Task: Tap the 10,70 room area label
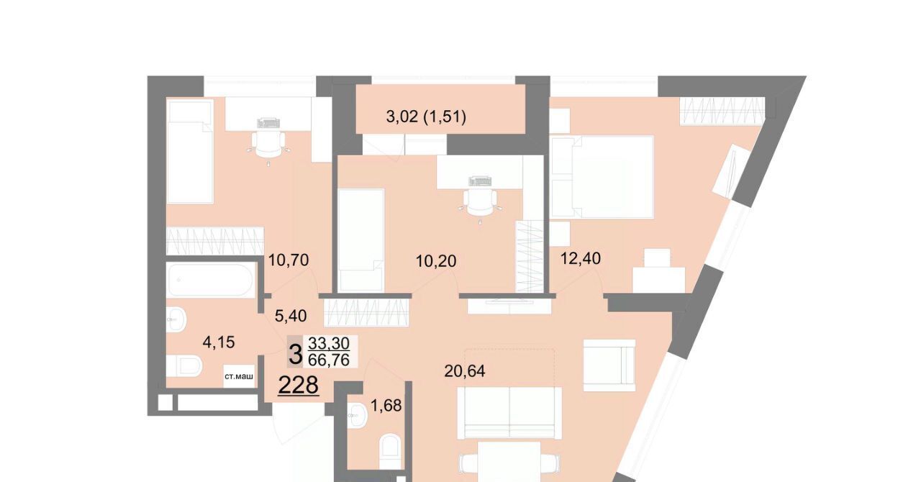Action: pos(289,260)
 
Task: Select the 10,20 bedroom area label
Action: pos(436,260)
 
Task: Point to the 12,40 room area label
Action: pos(581,258)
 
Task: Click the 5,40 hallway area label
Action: pos(291,316)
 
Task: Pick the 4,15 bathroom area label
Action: pos(219,342)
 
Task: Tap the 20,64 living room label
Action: pos(465,371)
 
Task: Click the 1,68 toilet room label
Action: pos(386,406)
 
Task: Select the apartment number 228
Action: pos(299,386)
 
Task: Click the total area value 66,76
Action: pos(329,360)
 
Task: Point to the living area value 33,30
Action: pos(329,342)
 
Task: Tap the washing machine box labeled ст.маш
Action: pos(239,376)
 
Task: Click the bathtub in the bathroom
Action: pos(209,280)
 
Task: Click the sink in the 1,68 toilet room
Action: pos(356,415)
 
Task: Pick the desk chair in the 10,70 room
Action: pos(268,144)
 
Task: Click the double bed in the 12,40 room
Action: pos(602,177)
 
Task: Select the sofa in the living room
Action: pos(509,412)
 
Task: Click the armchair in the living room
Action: pos(609,365)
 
